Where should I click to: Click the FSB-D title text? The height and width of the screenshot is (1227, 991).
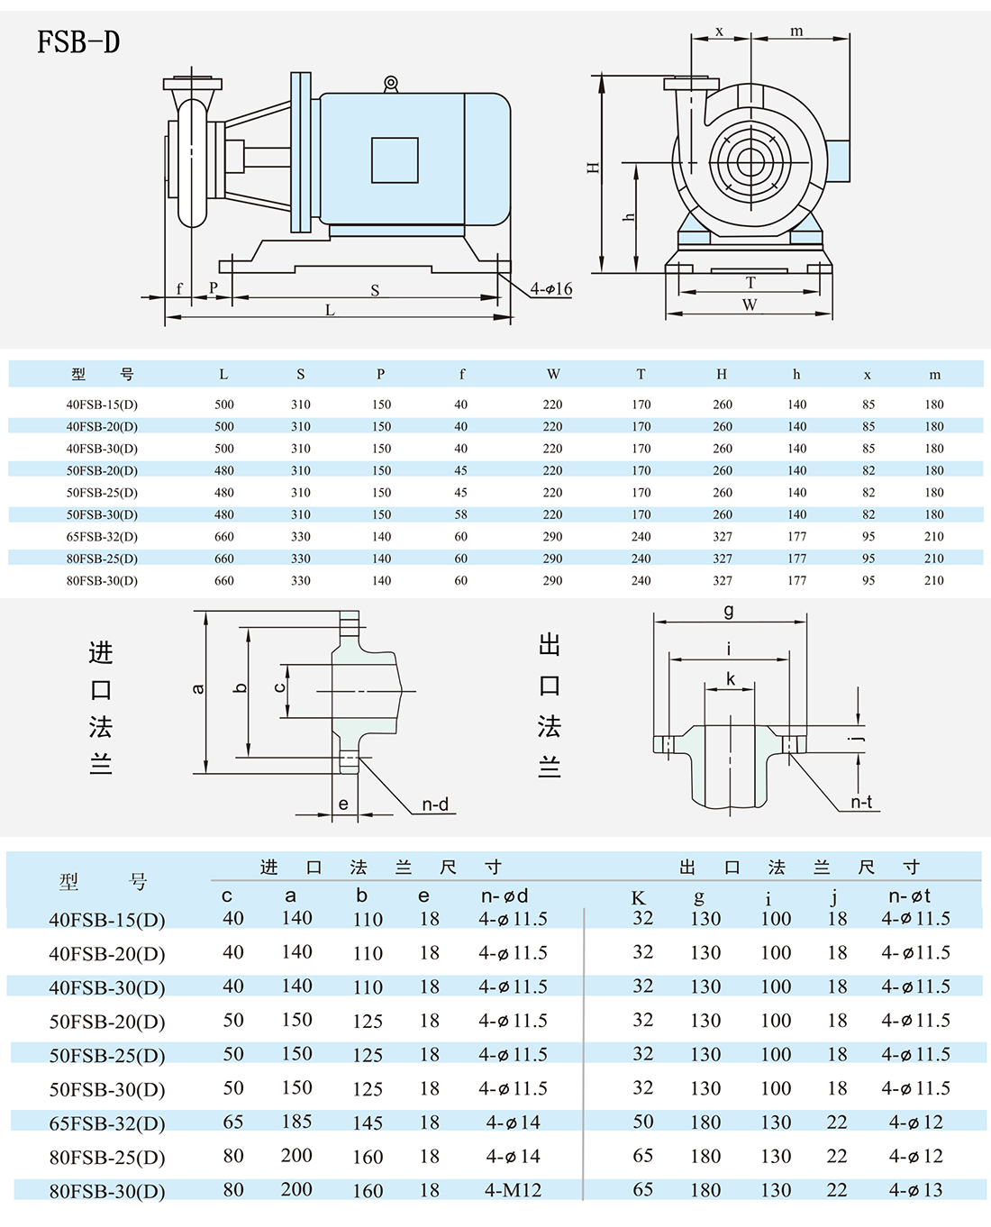pyautogui.click(x=78, y=42)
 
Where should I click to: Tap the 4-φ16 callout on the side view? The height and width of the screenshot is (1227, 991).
pyautogui.click(x=550, y=289)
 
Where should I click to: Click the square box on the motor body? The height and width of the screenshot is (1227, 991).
pyautogui.click(x=395, y=160)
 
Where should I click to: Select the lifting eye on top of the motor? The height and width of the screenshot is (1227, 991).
pyautogui.click(x=390, y=84)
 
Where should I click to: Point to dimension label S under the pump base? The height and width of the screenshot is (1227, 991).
pyautogui.click(x=375, y=290)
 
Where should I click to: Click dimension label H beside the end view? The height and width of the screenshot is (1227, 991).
pyautogui.click(x=593, y=168)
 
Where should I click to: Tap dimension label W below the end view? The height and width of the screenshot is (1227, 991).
pyautogui.click(x=750, y=305)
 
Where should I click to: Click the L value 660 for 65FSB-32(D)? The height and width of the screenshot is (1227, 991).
pyautogui.click(x=224, y=537)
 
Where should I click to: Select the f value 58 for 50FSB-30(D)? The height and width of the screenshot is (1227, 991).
pyautogui.click(x=461, y=514)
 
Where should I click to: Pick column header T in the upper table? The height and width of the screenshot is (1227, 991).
pyautogui.click(x=641, y=375)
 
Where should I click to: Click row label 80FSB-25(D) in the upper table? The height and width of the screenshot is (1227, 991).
pyautogui.click(x=102, y=559)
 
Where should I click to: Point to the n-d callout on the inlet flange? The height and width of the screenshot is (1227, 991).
pyautogui.click(x=435, y=804)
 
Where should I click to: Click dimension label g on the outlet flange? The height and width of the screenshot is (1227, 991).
pyautogui.click(x=729, y=611)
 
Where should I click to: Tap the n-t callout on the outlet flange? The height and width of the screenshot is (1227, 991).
pyautogui.click(x=861, y=802)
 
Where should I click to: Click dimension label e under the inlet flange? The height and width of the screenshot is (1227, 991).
pyautogui.click(x=343, y=804)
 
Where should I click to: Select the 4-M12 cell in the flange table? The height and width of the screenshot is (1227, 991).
pyautogui.click(x=513, y=1190)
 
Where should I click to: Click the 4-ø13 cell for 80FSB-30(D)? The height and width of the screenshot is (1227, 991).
pyautogui.click(x=915, y=1190)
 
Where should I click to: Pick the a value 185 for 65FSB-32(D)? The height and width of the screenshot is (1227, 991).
pyautogui.click(x=296, y=1122)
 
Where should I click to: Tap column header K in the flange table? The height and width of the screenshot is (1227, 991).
pyautogui.click(x=638, y=897)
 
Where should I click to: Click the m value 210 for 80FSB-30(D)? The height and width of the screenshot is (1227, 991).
pyautogui.click(x=934, y=581)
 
